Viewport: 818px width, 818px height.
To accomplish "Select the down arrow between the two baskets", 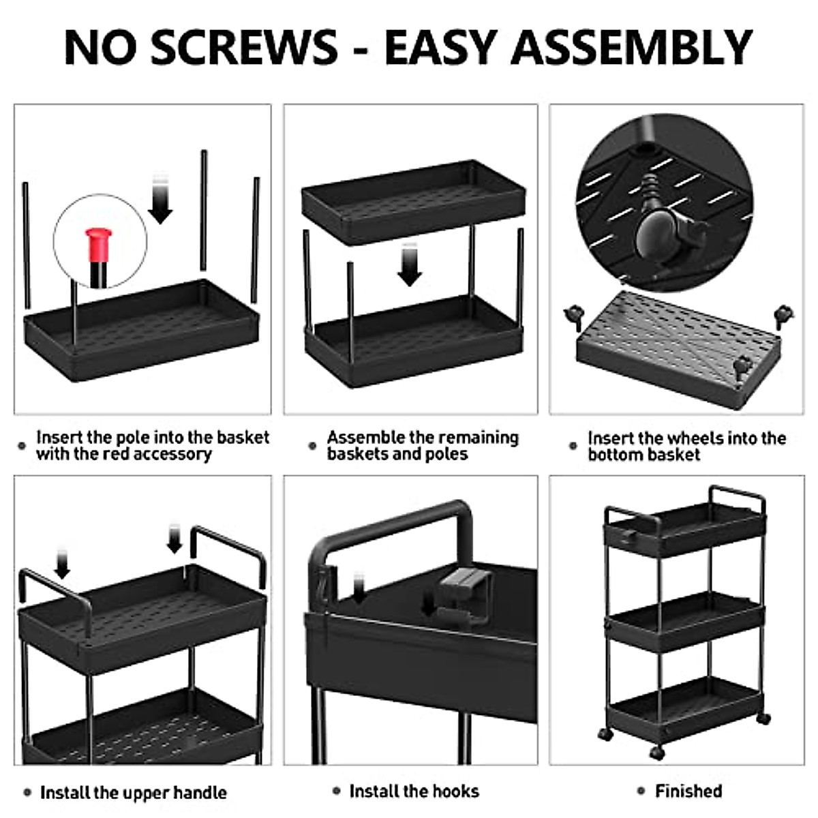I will click(410, 267).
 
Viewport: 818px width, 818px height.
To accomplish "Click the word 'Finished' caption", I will click(688, 791).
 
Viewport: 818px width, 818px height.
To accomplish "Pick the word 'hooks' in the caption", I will click(456, 791).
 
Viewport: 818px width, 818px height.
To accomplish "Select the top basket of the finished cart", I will click(684, 528).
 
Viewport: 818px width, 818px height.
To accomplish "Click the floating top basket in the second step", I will click(413, 200).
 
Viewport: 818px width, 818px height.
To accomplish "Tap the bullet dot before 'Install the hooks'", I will click(336, 791).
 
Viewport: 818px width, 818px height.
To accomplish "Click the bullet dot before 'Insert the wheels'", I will click(573, 446).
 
